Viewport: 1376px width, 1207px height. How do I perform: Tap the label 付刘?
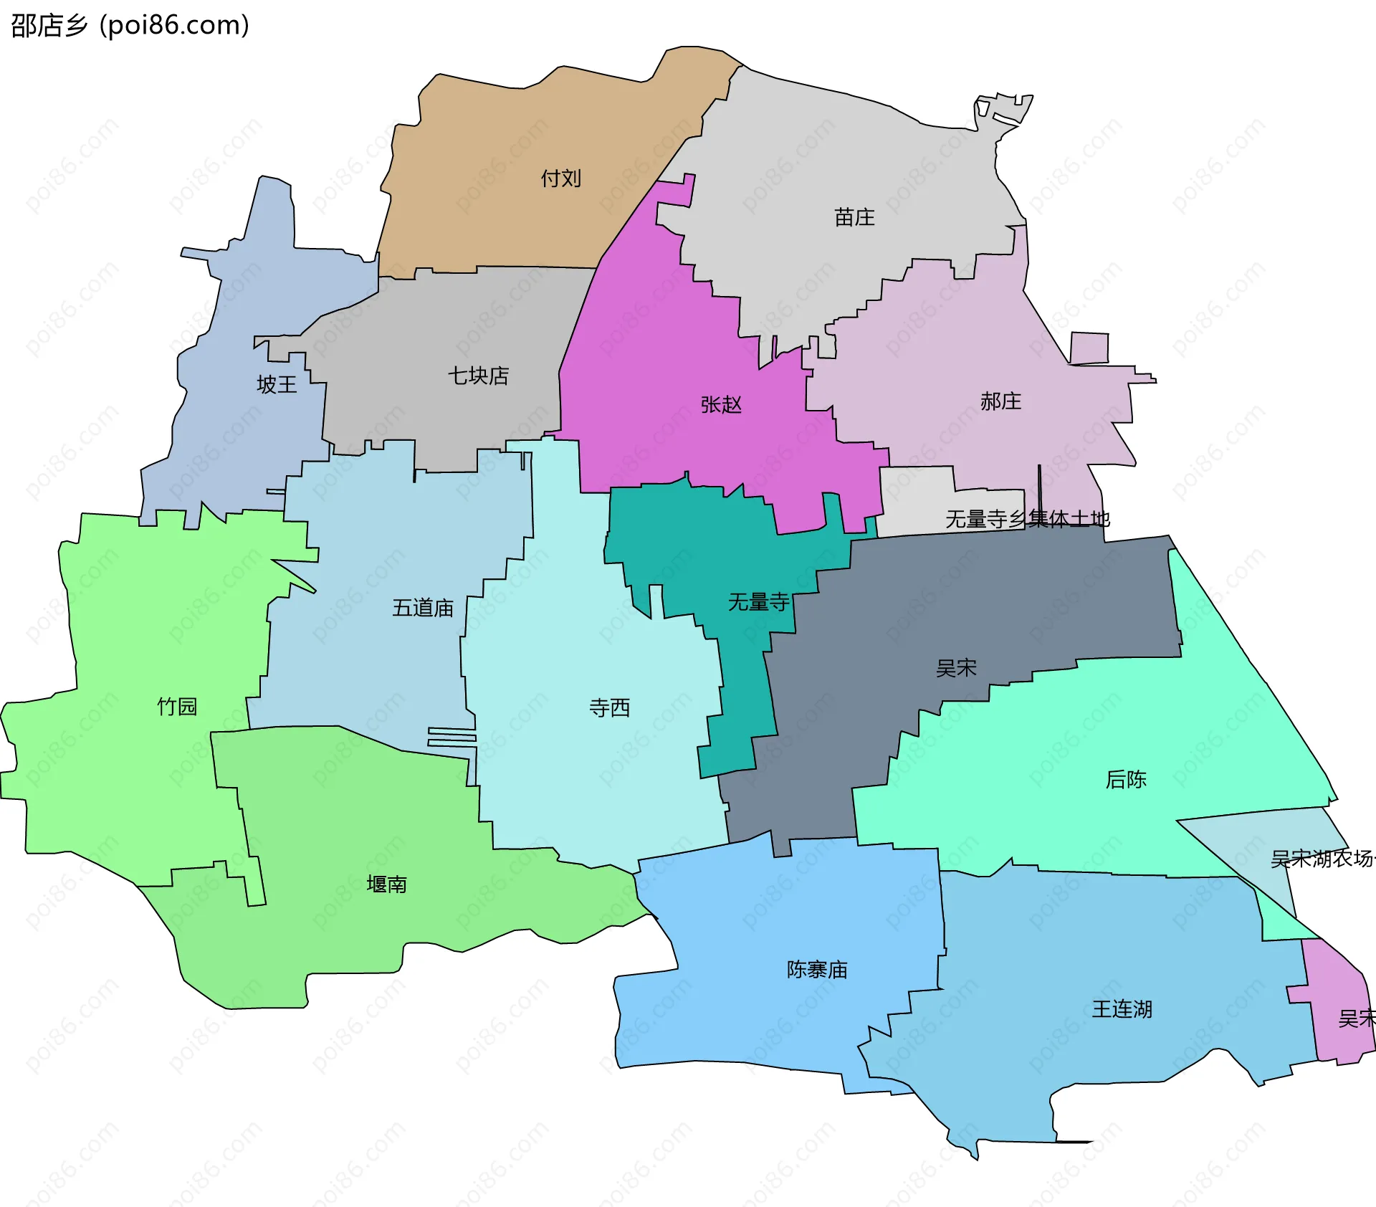[560, 178]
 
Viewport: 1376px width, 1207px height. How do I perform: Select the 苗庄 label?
[854, 216]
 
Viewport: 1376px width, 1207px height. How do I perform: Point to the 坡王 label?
[277, 384]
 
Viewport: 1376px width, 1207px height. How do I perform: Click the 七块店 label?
[478, 375]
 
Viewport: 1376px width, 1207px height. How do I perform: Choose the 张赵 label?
[721, 404]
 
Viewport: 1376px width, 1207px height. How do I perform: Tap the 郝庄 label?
[1000, 401]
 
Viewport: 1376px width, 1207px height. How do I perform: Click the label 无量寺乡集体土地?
[1027, 518]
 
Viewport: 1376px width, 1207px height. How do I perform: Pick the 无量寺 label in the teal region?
[758, 601]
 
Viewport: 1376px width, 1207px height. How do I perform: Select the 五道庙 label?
[423, 608]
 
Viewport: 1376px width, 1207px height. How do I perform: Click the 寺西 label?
[609, 707]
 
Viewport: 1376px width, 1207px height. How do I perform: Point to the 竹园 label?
[177, 706]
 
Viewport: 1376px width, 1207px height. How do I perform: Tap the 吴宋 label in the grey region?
[956, 668]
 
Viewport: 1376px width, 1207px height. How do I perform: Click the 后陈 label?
[1126, 779]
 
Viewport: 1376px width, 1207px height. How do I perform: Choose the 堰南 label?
[386, 884]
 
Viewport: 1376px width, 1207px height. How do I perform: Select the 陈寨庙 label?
[817, 969]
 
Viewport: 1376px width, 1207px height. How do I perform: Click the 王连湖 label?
[1122, 1008]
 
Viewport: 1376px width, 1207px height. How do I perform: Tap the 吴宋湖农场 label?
[1322, 858]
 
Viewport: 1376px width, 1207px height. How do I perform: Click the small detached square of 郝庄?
[1089, 348]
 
